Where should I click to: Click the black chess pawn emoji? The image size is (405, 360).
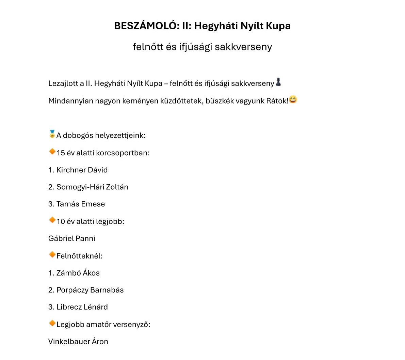click(278, 82)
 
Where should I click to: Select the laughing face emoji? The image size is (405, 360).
click(293, 99)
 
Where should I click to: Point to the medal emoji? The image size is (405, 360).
click(52, 134)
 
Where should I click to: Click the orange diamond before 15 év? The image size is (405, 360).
click(52, 151)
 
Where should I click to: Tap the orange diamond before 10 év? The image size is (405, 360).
click(52, 220)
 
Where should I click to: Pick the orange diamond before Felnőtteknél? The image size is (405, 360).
click(52, 254)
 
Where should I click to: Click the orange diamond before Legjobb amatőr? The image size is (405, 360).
click(52, 323)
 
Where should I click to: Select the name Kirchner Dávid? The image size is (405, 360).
click(82, 170)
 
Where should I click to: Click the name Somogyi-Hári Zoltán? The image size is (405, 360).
click(92, 187)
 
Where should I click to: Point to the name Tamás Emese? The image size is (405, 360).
click(81, 204)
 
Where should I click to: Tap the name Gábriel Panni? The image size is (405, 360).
click(72, 238)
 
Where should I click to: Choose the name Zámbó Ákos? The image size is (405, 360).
click(78, 273)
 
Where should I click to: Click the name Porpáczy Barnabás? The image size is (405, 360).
click(90, 290)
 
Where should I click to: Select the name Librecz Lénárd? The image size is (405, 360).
click(82, 307)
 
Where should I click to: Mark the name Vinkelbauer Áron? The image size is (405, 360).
click(78, 341)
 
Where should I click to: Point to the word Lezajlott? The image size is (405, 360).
click(63, 83)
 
